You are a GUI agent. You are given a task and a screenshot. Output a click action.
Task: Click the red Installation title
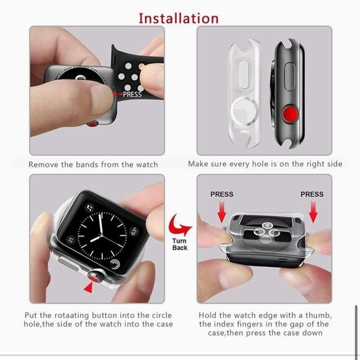click(x=178, y=17)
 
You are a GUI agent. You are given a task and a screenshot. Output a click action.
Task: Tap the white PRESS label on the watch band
click(x=132, y=95)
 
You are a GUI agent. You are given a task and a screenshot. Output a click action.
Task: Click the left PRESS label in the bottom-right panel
click(x=222, y=194)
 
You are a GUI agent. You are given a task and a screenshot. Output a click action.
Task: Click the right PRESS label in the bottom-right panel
click(x=312, y=194)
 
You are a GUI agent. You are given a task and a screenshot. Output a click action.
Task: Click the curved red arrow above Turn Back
click(x=180, y=223)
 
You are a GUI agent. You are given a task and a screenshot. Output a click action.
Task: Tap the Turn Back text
click(x=180, y=244)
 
